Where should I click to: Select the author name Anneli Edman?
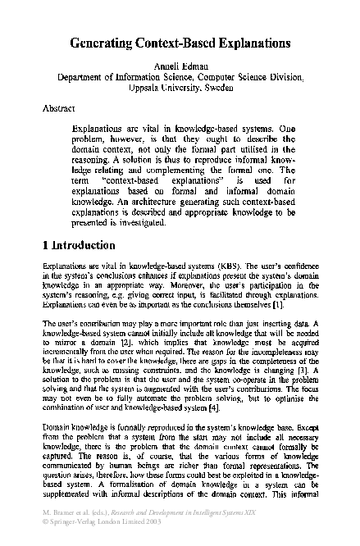coord(180,64)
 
